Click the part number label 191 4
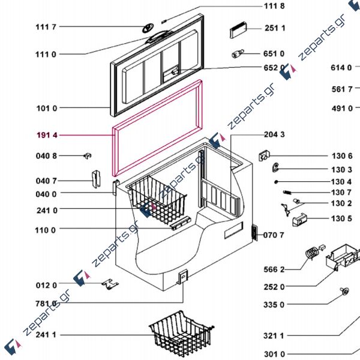[x=46, y=136]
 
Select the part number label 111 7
[x=46, y=27]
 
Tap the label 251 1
[x=275, y=28]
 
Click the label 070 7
[x=274, y=235]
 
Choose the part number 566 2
[x=274, y=269]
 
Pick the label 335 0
[x=274, y=304]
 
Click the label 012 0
[x=46, y=285]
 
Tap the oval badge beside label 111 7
[x=148, y=28]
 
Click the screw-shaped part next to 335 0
[x=345, y=292]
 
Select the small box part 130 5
[x=298, y=221]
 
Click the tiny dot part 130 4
[x=276, y=181]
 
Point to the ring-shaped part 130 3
[x=275, y=167]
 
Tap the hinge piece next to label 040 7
[x=95, y=179]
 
